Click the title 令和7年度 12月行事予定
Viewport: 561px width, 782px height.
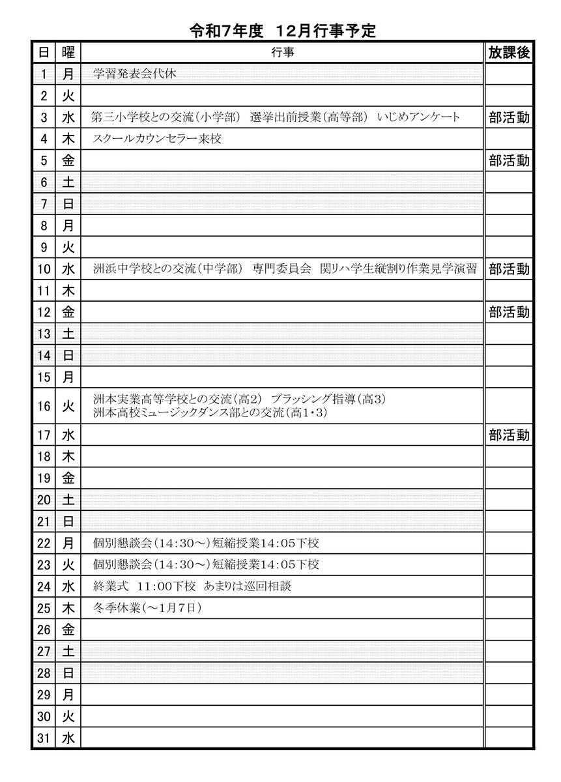[x=282, y=31]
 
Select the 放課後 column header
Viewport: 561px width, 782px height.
[x=509, y=53]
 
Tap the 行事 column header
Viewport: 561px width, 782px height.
[x=282, y=53]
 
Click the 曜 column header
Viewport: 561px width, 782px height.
[x=68, y=53]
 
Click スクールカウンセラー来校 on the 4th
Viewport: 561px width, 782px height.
[x=157, y=139]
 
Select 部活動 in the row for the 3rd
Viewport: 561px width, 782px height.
[x=509, y=117]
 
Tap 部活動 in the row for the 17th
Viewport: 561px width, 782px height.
[x=509, y=435]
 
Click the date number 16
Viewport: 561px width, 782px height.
[x=44, y=406]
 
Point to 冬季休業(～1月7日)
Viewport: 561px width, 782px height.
[x=147, y=608]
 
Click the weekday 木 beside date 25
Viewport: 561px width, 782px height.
[x=68, y=608]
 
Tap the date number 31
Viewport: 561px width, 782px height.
[x=44, y=738]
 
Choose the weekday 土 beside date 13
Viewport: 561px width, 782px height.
[x=68, y=334]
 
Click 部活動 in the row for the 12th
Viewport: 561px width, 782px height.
[x=509, y=312]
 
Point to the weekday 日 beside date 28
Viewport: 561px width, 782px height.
[x=68, y=673]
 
